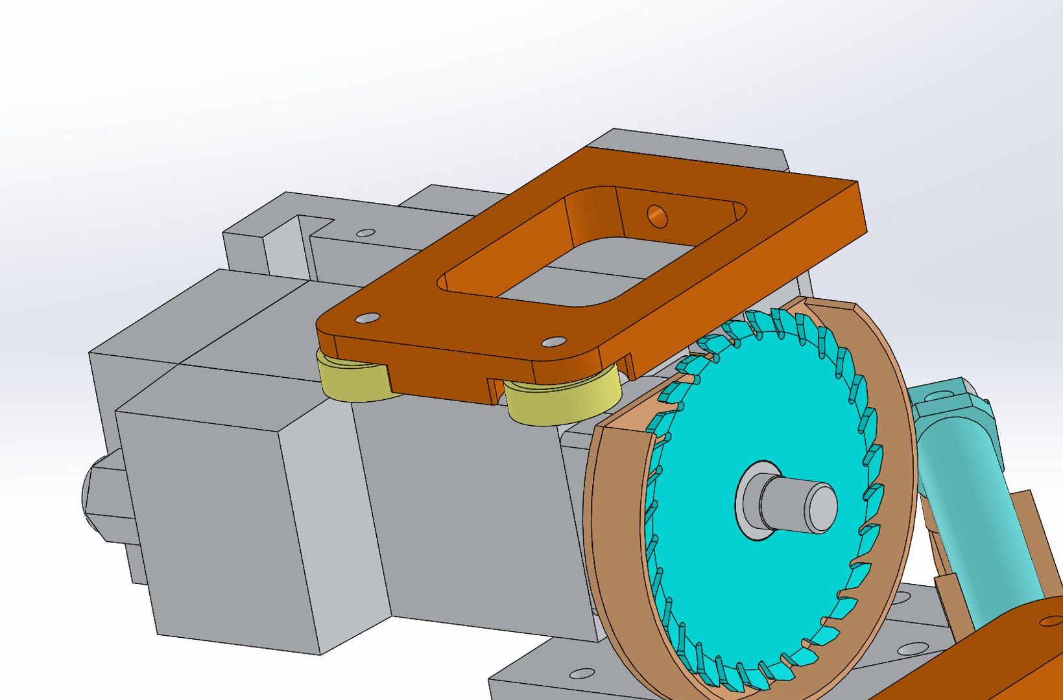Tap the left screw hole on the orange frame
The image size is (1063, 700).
click(368, 318)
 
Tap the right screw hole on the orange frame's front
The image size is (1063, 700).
click(553, 342)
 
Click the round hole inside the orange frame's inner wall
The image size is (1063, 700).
click(657, 216)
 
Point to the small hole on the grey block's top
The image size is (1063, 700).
click(366, 233)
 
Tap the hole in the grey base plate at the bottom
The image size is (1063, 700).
click(582, 673)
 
